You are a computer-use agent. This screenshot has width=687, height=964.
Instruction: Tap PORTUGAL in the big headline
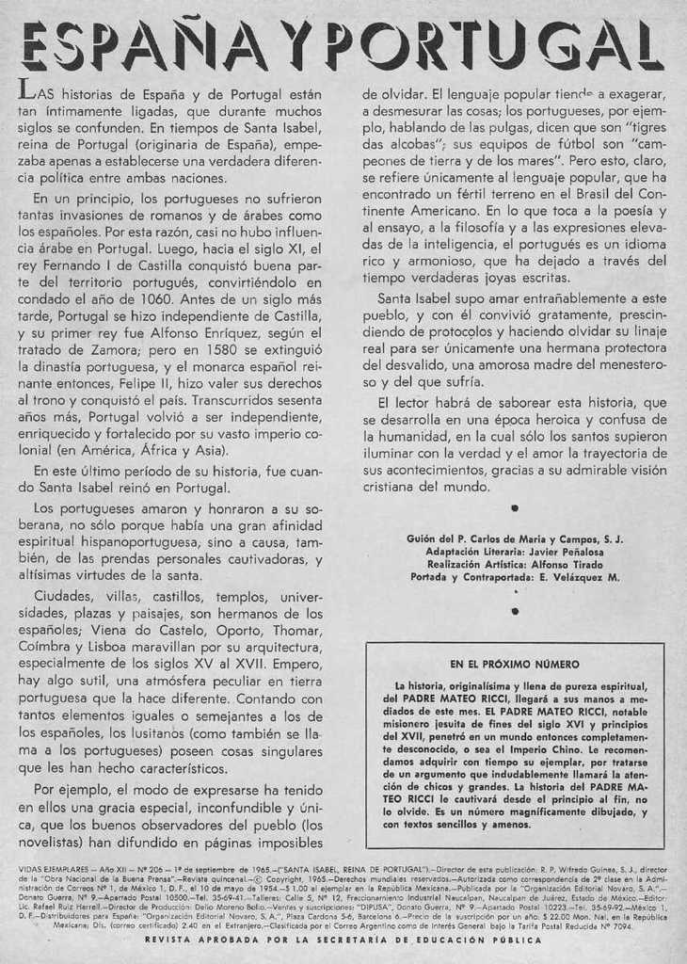pyautogui.click(x=500, y=46)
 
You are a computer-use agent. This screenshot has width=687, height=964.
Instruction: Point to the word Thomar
pyautogui.click(x=296, y=630)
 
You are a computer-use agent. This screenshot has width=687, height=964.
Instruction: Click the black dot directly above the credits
pyautogui.click(x=514, y=508)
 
